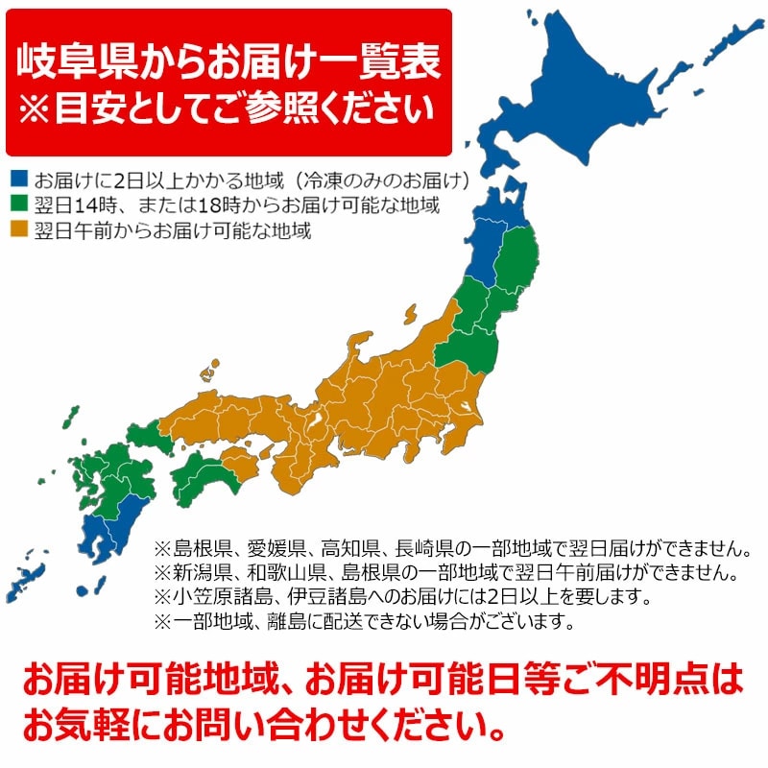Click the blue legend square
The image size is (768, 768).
(x=18, y=180)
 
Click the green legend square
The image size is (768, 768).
(x=18, y=204)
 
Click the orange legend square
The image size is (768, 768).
(x=18, y=230)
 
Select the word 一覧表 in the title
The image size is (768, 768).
(x=388, y=60)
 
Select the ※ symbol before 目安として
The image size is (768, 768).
(x=35, y=108)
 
